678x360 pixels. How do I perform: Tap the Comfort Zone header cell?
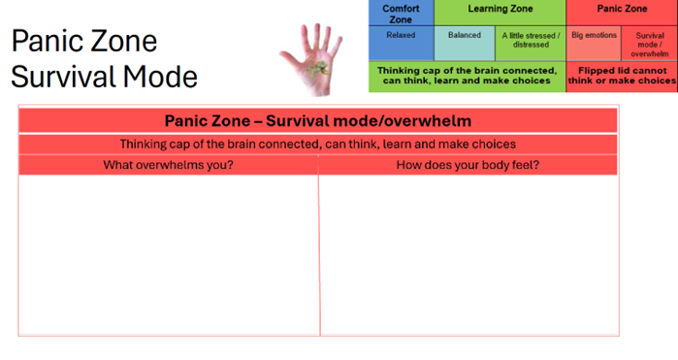click(401, 14)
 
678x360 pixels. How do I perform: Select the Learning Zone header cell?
click(500, 10)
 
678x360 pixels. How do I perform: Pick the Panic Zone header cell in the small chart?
click(622, 10)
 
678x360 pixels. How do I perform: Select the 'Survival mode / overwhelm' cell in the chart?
click(650, 44)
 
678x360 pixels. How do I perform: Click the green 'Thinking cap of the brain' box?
click(467, 76)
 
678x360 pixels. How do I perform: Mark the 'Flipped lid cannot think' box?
click(622, 76)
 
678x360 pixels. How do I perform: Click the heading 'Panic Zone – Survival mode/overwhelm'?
click(318, 121)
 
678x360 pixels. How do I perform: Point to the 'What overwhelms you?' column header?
click(168, 165)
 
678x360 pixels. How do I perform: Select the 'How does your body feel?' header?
click(468, 165)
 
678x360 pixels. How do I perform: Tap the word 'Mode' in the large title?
click(165, 77)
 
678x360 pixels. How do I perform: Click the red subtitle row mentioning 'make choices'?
click(318, 145)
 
